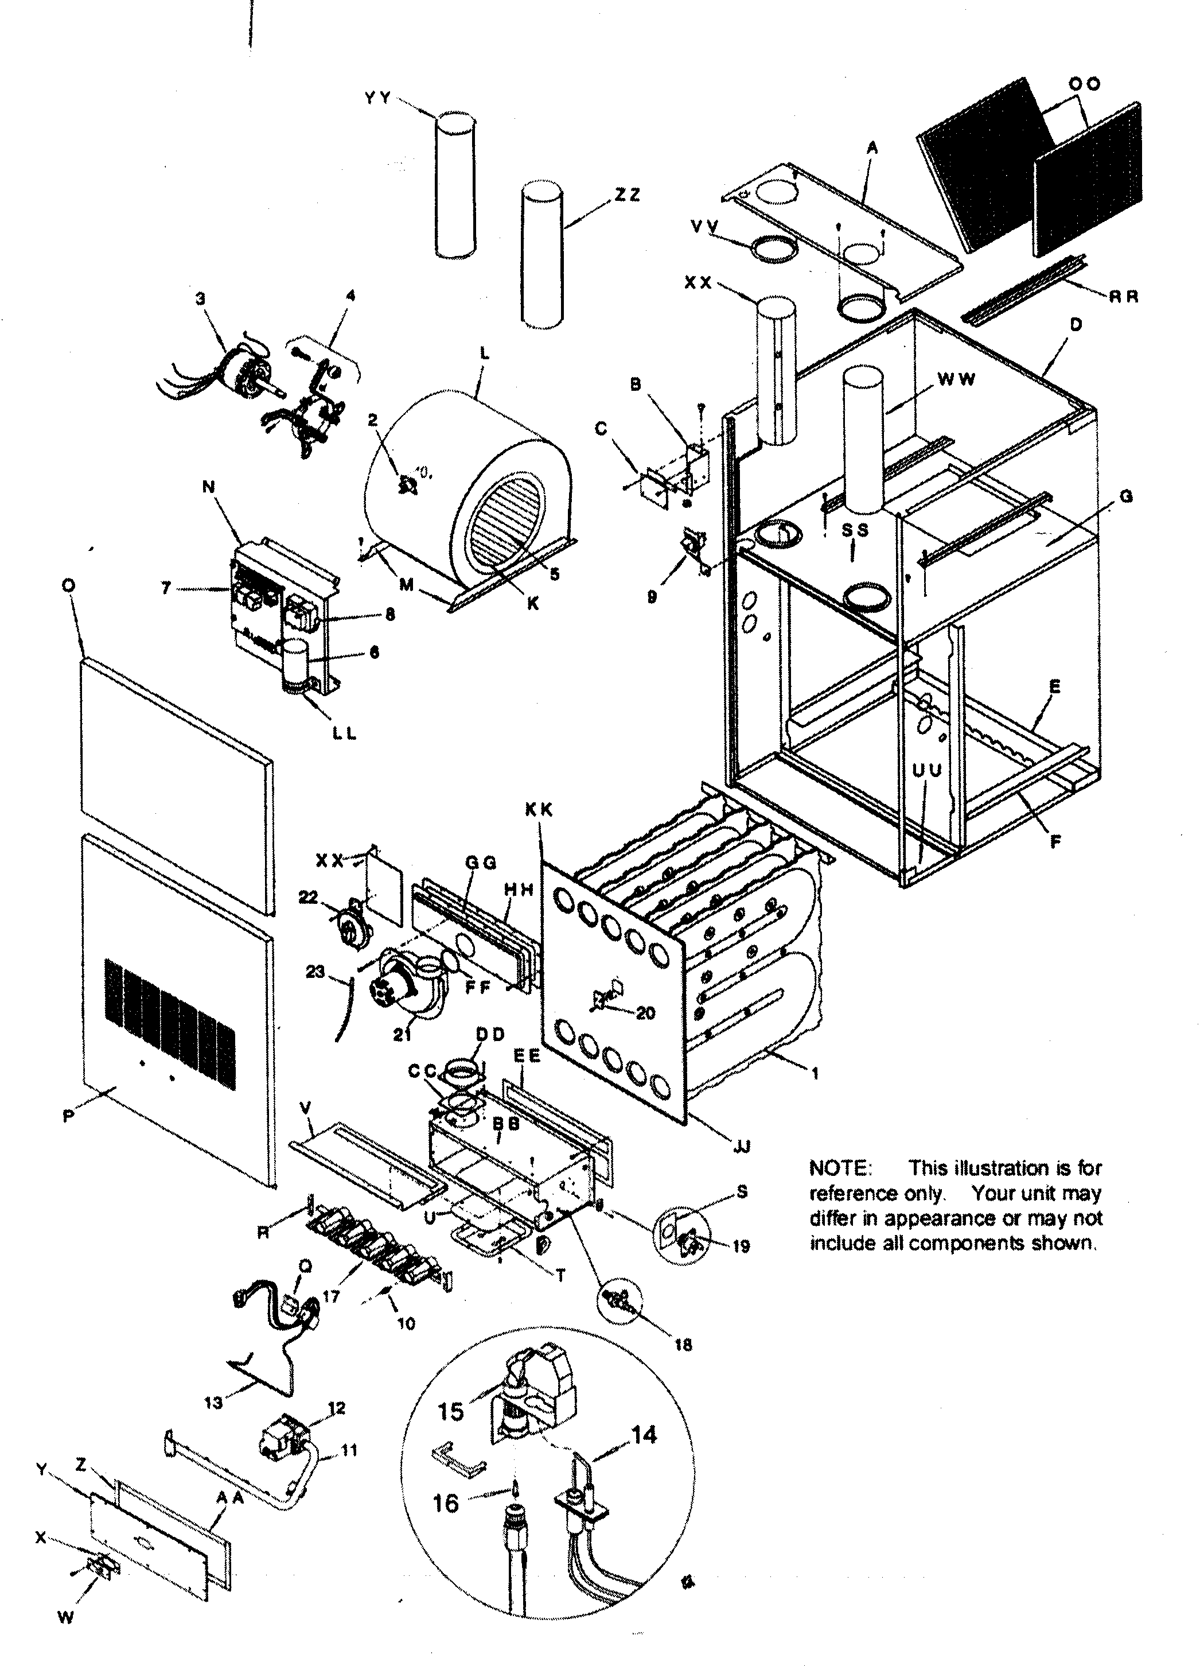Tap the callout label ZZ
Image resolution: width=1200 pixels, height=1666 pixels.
coord(626,195)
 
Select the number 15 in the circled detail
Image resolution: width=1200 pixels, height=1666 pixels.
coord(451,1411)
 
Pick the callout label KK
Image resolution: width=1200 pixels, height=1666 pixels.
coord(538,810)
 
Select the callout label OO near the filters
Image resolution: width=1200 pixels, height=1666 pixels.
coord(1085,84)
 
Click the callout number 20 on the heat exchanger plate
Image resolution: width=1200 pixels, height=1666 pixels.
coord(645,1013)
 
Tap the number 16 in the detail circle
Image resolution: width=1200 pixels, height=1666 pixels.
coord(445,1503)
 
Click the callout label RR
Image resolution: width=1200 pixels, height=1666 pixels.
coord(1123,297)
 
